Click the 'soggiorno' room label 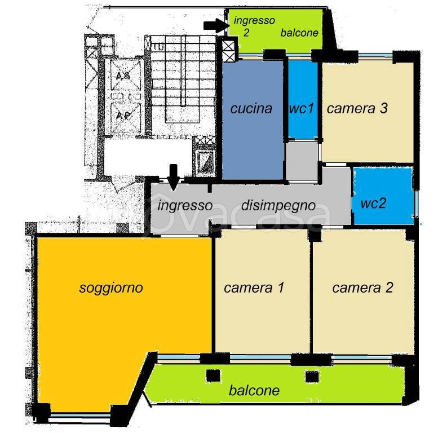(111, 288)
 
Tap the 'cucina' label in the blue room (251, 108)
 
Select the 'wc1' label (302, 108)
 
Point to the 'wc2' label (374, 202)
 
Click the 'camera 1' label (253, 288)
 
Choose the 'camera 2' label (362, 288)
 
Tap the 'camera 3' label (357, 108)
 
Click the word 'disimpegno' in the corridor (278, 206)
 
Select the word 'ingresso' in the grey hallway (185, 206)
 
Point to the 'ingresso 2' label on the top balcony (254, 26)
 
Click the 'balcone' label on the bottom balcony (254, 390)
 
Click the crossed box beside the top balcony (229, 51)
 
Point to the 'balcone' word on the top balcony (299, 33)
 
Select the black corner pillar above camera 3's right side (400, 56)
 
